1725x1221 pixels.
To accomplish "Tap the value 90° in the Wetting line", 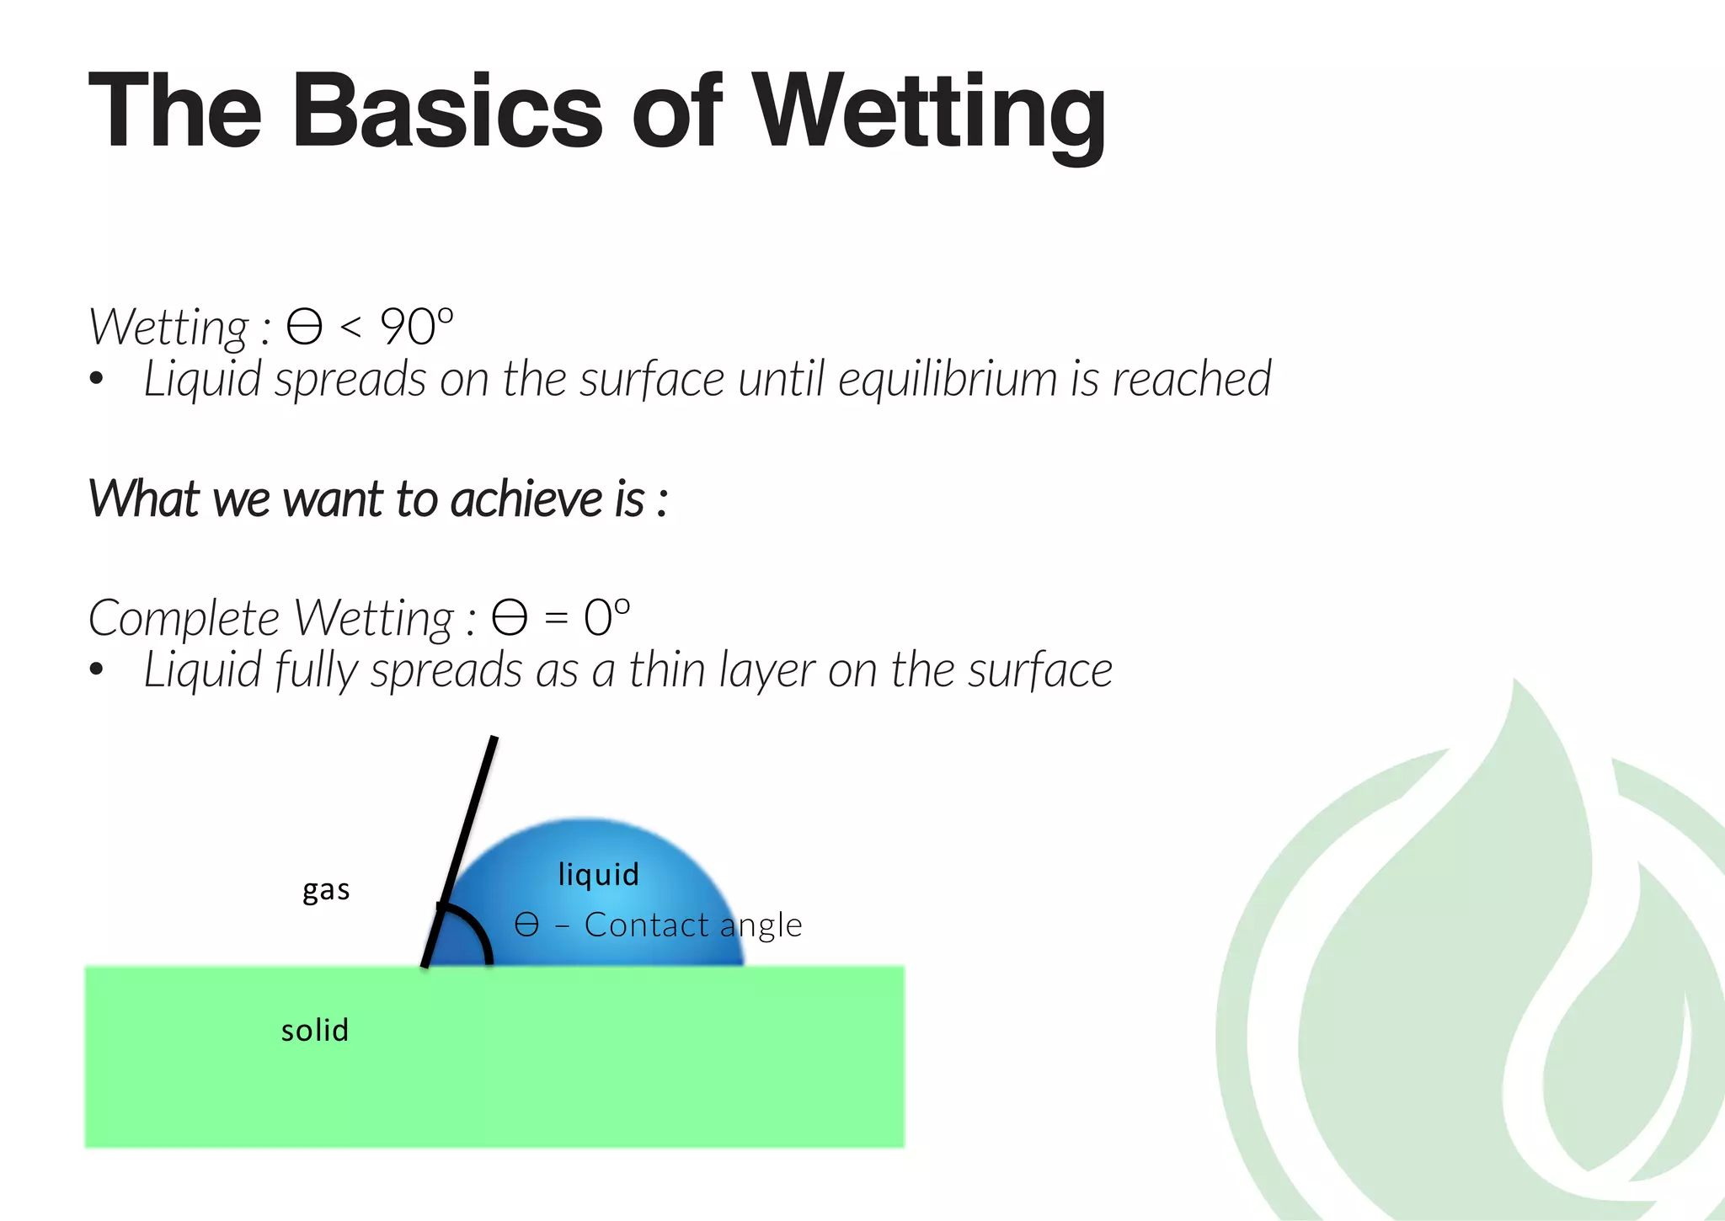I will coord(417,327).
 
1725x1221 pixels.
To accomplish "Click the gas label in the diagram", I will coord(326,890).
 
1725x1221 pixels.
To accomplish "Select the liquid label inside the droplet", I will coord(599,874).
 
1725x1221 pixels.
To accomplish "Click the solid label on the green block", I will coord(315,1030).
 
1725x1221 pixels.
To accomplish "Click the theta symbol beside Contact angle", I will coord(526,925).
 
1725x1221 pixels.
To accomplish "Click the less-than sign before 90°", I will coord(351,327).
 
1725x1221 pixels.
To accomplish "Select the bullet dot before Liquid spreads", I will coord(97,379).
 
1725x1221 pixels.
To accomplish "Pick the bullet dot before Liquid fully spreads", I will coord(97,670).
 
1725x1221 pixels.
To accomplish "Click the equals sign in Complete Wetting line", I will coord(556,619).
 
